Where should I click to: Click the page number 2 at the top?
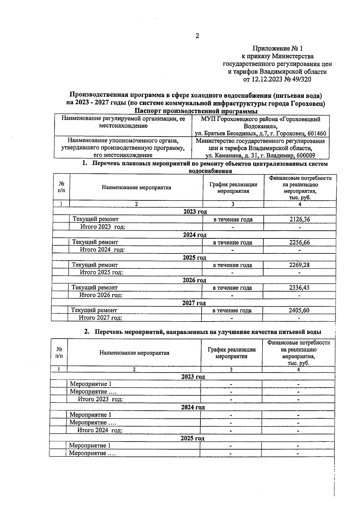(197, 36)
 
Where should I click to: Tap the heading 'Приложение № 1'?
(278, 48)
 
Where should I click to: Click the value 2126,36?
(300, 219)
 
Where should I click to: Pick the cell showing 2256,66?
(299, 242)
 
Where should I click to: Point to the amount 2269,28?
(299, 265)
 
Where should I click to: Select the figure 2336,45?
(299, 288)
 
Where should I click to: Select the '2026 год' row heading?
(194, 280)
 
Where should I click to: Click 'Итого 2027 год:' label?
(100, 318)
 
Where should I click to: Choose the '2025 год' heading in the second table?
(192, 438)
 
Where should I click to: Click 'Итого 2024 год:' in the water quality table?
(100, 430)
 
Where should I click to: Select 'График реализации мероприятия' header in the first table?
(233, 188)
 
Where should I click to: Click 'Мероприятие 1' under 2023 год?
(91, 384)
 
